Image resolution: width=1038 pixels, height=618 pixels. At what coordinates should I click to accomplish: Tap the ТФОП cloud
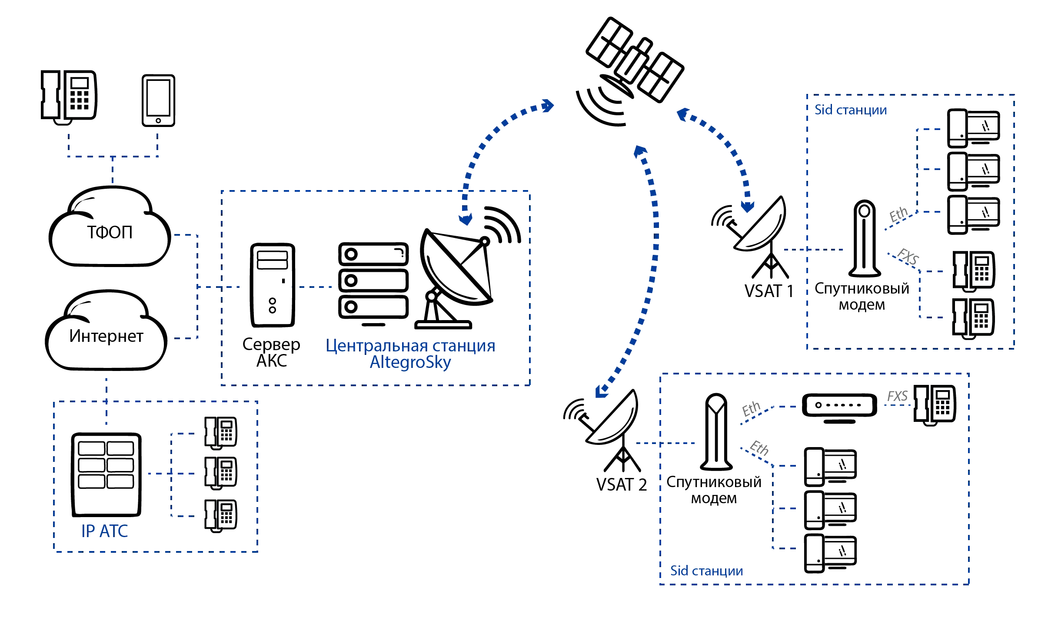pos(109,228)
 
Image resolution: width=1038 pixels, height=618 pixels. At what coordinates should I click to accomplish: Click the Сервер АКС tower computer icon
pos(272,285)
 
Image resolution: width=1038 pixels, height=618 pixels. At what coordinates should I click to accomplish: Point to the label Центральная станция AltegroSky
pos(411,354)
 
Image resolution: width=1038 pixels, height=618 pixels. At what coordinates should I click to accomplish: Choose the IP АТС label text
pos(104,531)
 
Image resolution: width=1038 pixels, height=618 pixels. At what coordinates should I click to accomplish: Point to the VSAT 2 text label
pos(622,484)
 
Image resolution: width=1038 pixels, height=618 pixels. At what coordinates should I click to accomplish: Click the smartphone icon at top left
pos(160,100)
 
